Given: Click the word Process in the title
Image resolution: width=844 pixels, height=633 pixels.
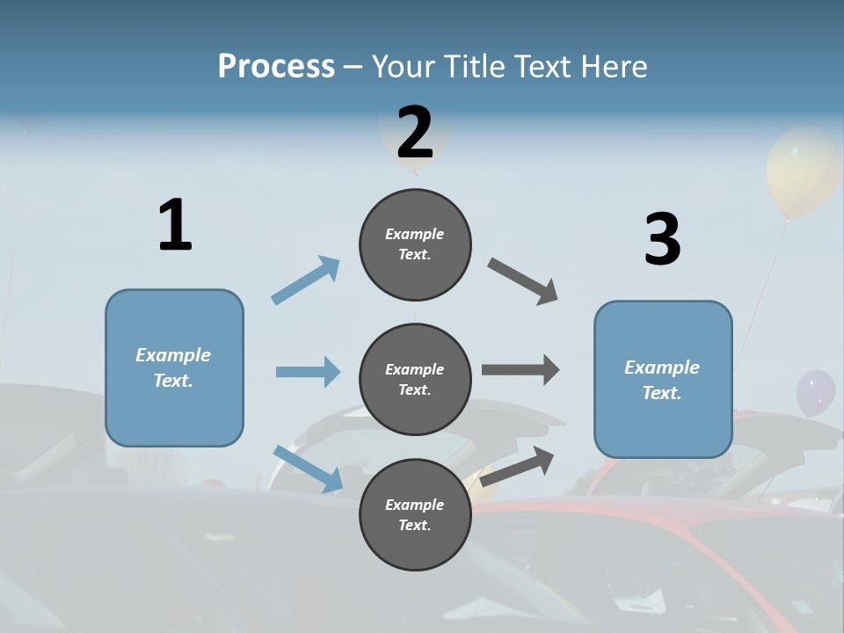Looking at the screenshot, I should (x=276, y=66).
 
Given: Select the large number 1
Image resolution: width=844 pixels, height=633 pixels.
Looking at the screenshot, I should (x=175, y=226).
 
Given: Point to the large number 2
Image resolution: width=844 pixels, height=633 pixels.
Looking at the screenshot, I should (x=415, y=133).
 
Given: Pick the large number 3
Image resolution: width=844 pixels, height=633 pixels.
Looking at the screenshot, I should (x=662, y=240).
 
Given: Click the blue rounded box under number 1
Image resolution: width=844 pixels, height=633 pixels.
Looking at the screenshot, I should (x=174, y=367).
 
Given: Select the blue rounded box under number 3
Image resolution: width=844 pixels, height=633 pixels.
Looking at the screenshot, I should (x=663, y=380).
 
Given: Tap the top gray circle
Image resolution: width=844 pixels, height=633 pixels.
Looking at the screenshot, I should (x=415, y=244).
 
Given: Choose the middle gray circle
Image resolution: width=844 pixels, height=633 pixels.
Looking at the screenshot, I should (x=415, y=379).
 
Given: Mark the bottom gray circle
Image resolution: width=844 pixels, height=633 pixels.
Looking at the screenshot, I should (x=415, y=514).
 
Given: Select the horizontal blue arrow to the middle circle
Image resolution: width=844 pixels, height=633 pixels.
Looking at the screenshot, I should (x=308, y=372).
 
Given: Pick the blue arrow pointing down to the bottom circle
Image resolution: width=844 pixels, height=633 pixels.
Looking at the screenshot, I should (x=309, y=469).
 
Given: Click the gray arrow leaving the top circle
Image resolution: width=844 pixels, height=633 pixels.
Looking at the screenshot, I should (x=523, y=281).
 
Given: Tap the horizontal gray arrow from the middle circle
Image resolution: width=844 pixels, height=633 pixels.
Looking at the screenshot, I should (x=520, y=370).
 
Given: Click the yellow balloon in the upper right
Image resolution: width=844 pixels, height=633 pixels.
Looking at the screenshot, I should (x=801, y=171).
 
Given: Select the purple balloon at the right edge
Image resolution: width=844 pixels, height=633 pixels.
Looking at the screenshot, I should (x=815, y=393).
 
